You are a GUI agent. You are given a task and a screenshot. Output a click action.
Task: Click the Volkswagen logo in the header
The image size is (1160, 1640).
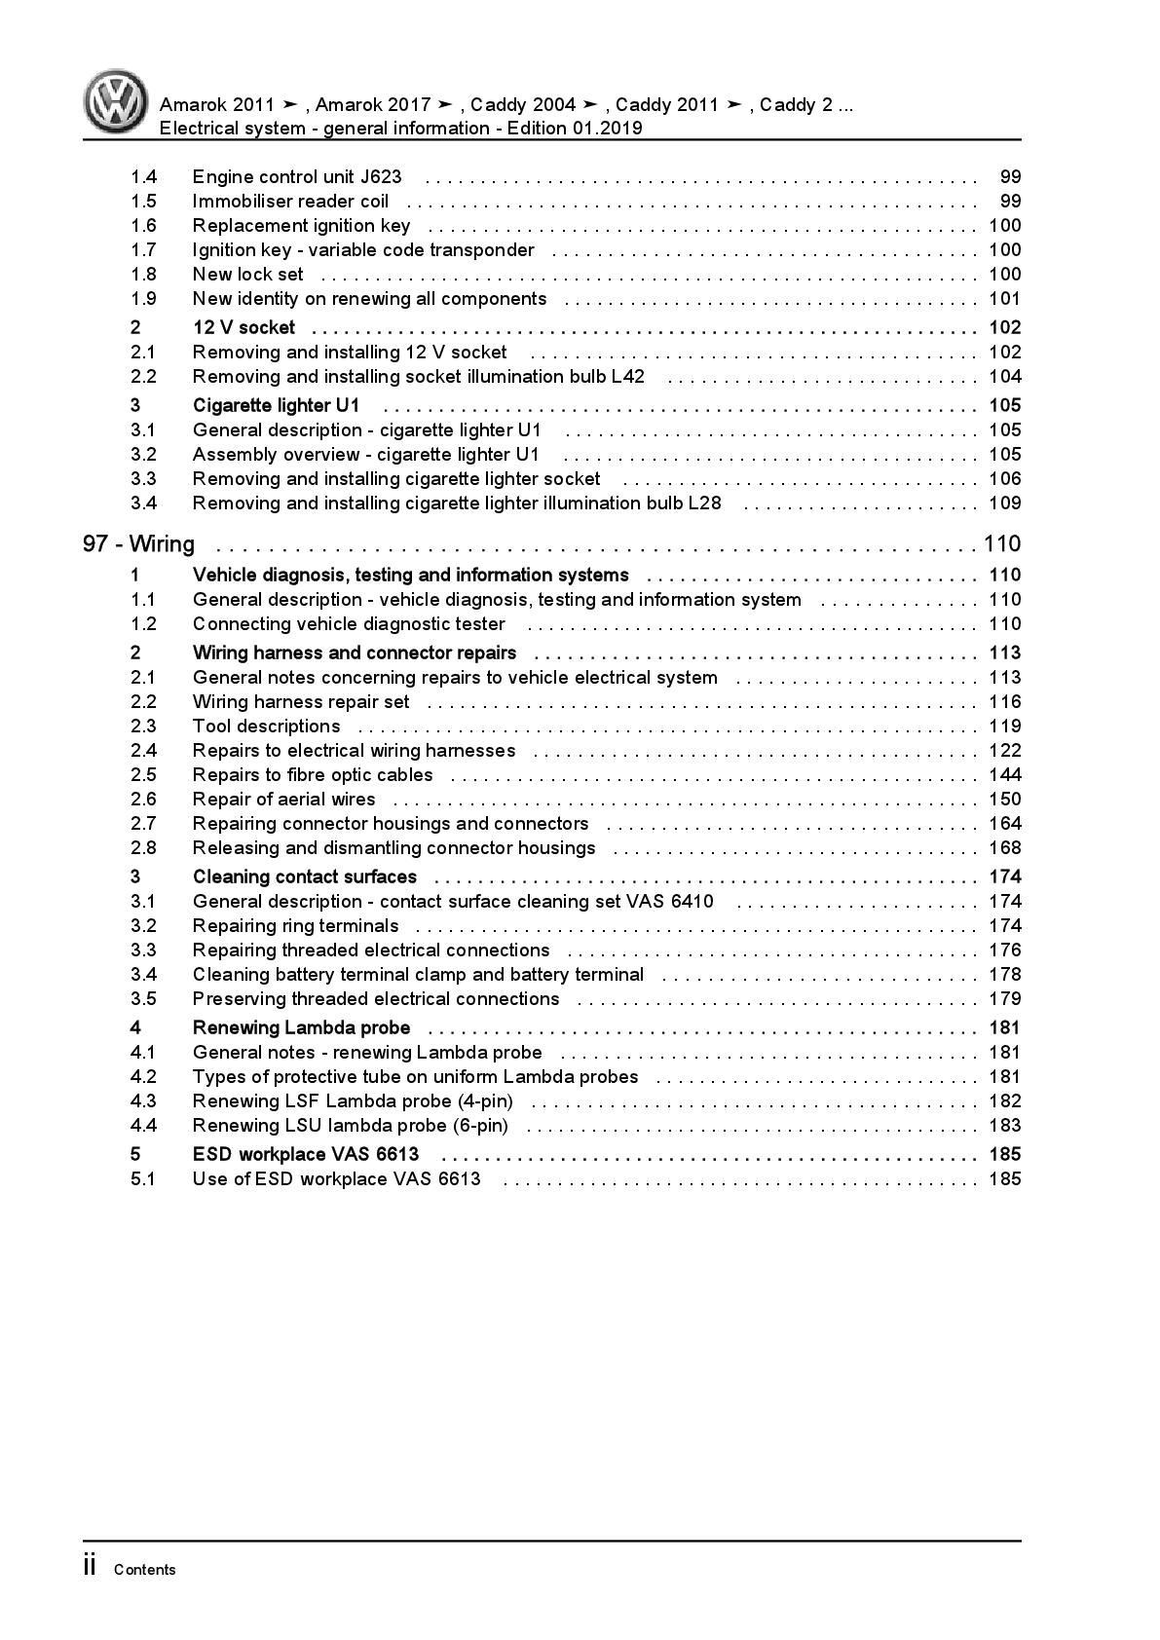(115, 101)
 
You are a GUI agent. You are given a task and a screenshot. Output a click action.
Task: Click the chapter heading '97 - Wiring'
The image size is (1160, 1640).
(138, 543)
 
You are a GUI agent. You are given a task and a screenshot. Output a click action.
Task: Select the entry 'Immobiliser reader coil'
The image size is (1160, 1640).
(290, 202)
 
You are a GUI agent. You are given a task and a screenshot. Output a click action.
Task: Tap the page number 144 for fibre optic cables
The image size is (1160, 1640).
(1004, 775)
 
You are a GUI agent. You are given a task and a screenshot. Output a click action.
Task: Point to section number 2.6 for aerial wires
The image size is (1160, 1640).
(143, 800)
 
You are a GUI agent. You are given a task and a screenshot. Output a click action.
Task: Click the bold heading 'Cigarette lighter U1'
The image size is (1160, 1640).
(276, 405)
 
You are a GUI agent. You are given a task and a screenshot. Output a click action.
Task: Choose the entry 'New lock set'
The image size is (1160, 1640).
(247, 275)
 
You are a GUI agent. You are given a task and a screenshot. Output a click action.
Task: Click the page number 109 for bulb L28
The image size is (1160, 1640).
(1004, 503)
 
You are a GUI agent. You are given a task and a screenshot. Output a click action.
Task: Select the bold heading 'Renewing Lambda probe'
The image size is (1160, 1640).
(301, 1027)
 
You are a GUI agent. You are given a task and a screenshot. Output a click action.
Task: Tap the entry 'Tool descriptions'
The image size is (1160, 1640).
(266, 727)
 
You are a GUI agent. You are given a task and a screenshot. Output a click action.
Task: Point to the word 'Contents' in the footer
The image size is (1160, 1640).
(145, 1570)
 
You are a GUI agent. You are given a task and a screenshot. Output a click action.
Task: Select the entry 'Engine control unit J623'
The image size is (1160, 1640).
(297, 177)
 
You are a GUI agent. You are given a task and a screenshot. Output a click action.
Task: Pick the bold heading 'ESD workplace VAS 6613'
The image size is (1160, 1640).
(306, 1154)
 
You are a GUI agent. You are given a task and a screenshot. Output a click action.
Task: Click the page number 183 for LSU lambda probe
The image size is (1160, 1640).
(1004, 1126)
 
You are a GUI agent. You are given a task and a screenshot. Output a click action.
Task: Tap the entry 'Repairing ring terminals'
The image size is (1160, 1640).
(295, 926)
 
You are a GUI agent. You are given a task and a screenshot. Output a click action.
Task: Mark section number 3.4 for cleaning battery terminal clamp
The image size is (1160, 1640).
(143, 975)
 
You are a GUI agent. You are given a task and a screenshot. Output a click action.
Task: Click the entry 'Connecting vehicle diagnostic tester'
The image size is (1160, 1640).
(349, 624)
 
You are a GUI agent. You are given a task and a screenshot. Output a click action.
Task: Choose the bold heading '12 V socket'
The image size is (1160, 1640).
(243, 327)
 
